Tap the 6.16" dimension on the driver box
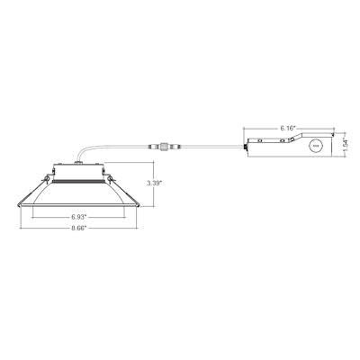(288, 129)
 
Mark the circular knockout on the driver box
(314, 146)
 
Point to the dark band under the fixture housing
(78, 180)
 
